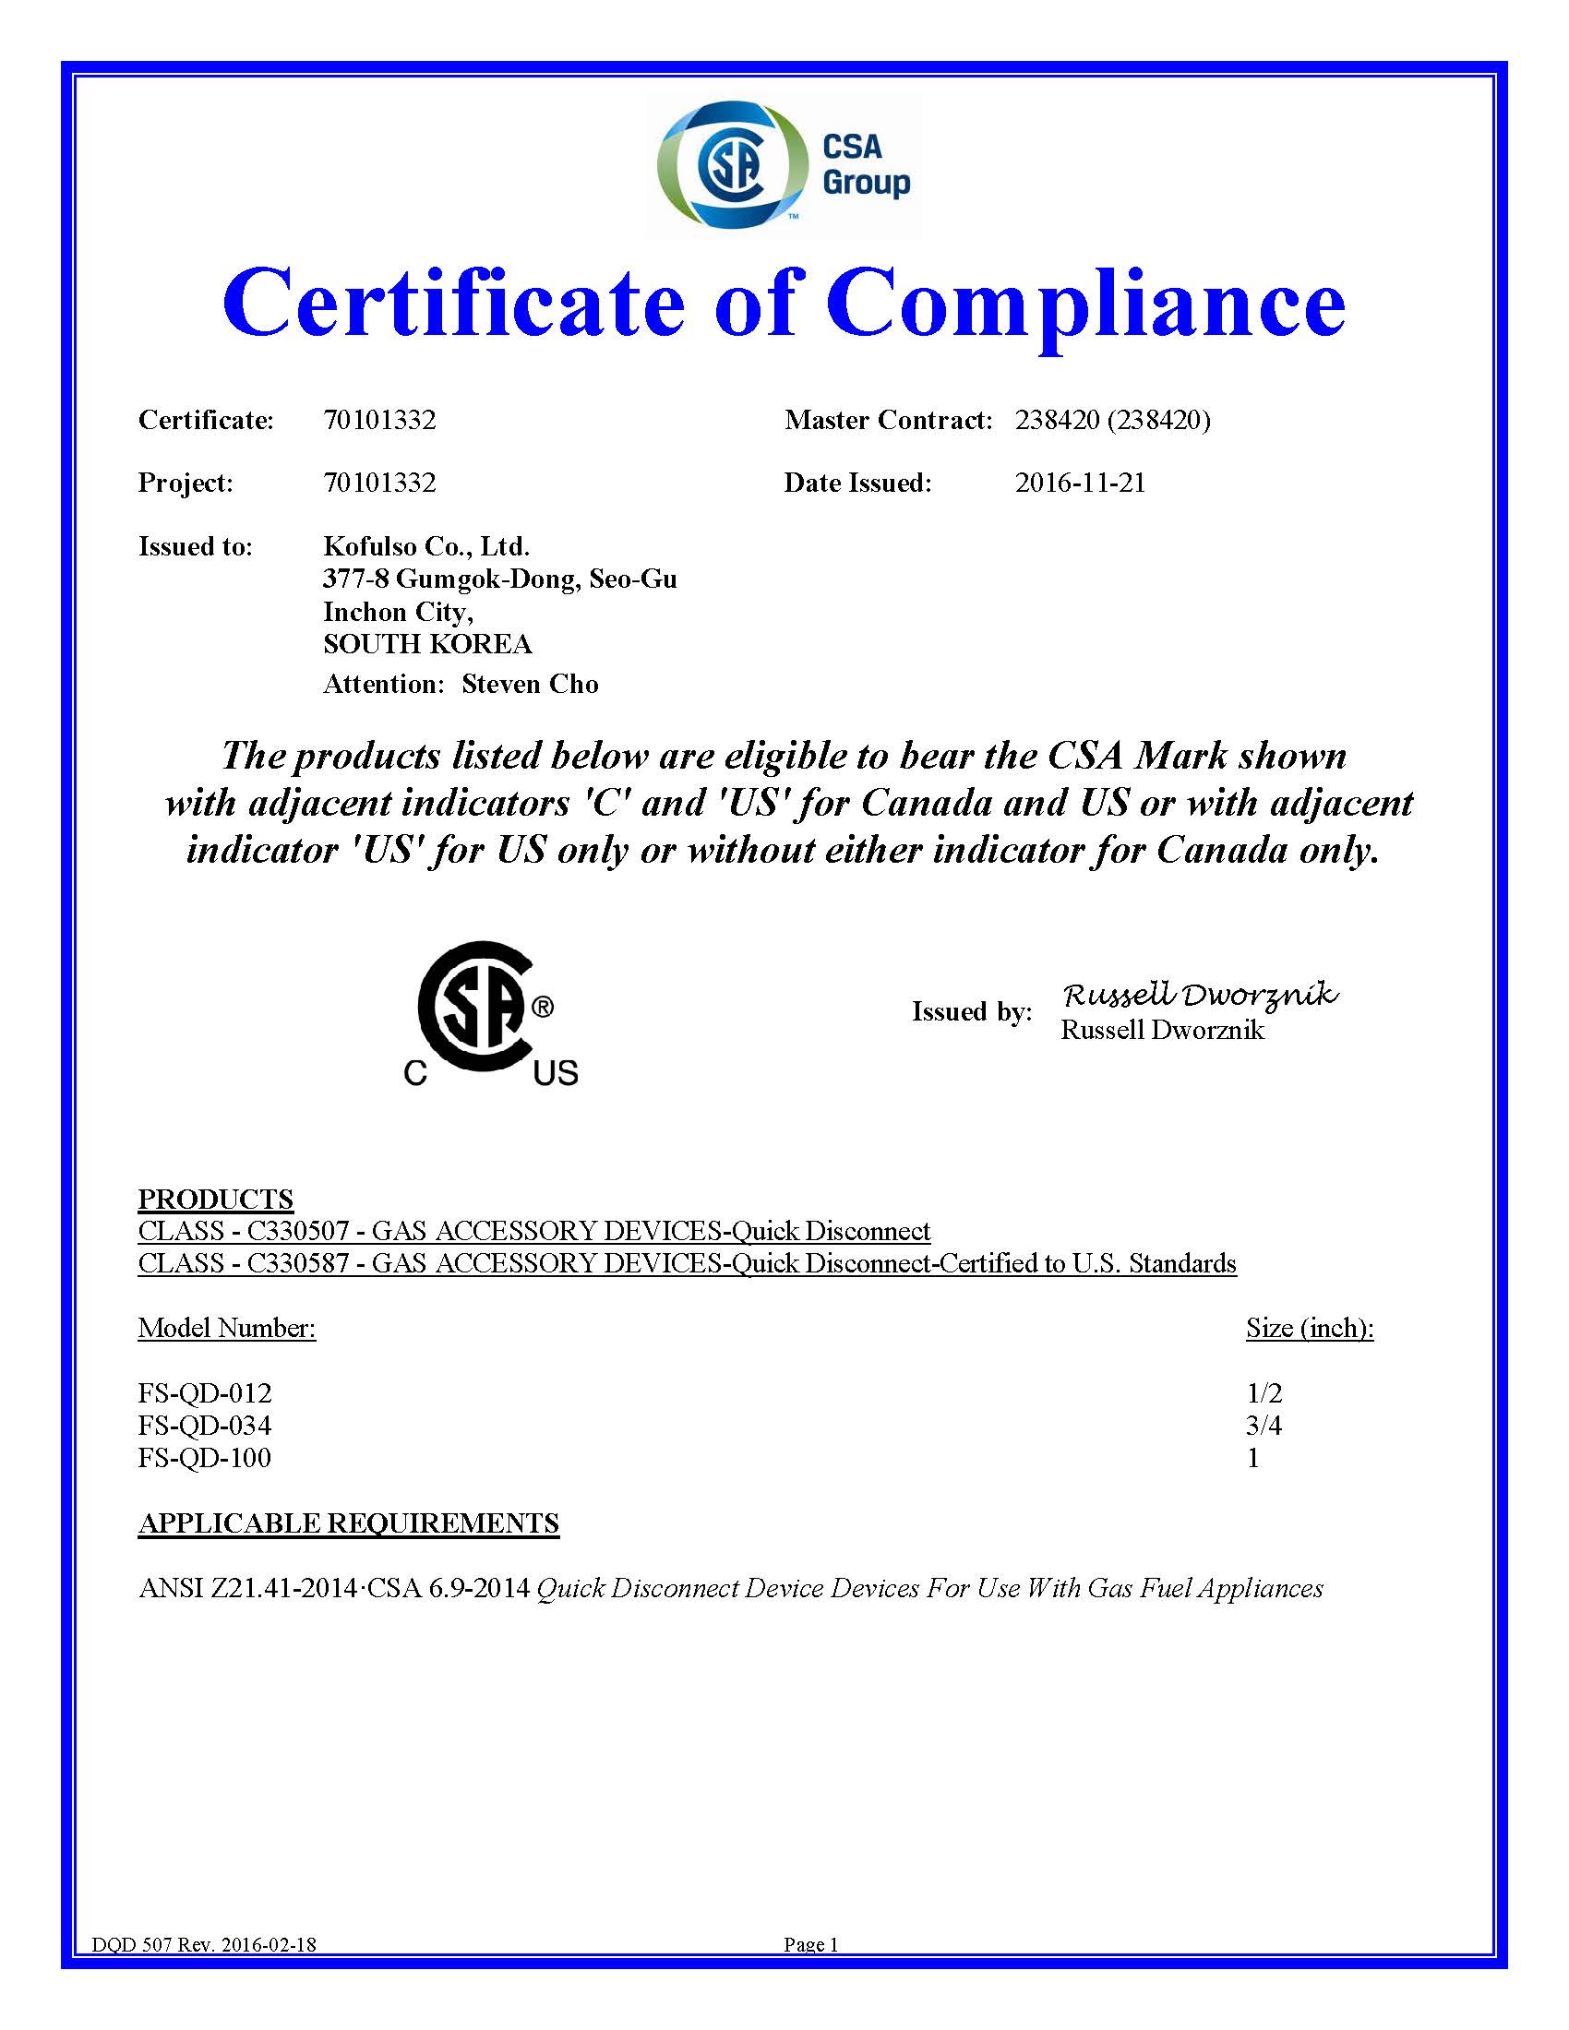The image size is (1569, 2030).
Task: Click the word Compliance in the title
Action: click(x=1084, y=303)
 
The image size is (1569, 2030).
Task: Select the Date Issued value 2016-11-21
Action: click(x=1080, y=484)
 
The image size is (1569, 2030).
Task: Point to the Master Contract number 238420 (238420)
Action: click(x=1113, y=421)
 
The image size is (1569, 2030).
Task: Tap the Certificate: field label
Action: click(x=207, y=421)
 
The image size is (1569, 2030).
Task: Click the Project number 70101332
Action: click(x=379, y=484)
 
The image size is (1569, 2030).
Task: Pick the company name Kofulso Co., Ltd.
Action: click(x=425, y=545)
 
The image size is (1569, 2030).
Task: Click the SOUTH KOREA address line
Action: click(x=426, y=644)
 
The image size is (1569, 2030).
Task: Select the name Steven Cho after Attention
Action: click(x=530, y=685)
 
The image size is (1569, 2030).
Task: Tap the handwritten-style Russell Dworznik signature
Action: click(x=1200, y=995)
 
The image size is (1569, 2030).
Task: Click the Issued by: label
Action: click(x=971, y=1012)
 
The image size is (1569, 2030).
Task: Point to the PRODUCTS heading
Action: click(x=216, y=1199)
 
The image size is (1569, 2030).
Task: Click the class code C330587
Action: click(x=297, y=1264)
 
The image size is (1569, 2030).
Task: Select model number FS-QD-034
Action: click(x=205, y=1426)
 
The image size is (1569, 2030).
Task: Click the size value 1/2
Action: click(x=1264, y=1393)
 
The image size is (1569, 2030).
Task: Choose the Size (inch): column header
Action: click(x=1310, y=1328)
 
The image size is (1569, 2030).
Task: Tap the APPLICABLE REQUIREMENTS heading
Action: click(x=349, y=1523)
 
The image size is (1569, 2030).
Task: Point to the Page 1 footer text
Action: click(x=810, y=1944)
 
